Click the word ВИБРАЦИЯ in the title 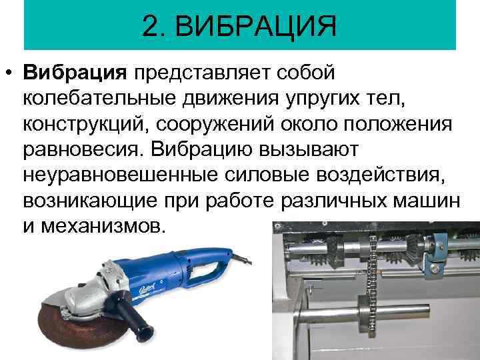(x=255, y=26)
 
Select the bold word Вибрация (x=75, y=73)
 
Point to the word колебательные (x=99, y=99)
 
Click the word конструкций (x=83, y=125)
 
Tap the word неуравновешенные (x=121, y=175)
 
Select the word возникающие (x=90, y=201)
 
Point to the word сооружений (x=215, y=125)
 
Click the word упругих (x=323, y=99)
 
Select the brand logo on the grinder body (x=147, y=288)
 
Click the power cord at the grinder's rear (x=243, y=259)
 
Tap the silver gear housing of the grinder (x=89, y=294)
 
